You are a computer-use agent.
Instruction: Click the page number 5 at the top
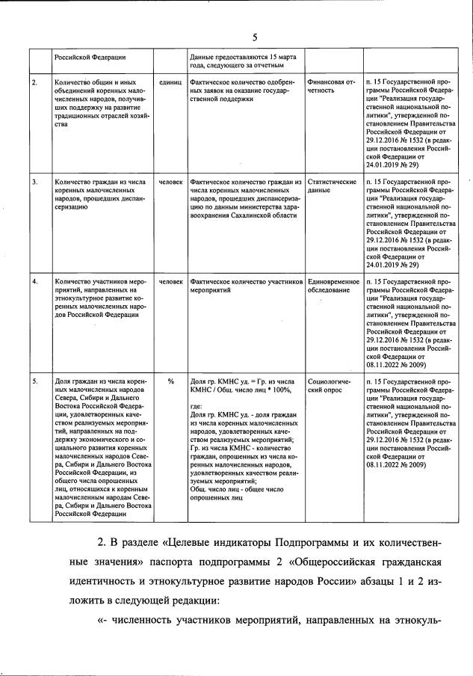pyautogui.click(x=254, y=37)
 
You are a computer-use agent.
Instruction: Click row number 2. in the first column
pyautogui.click(x=34, y=81)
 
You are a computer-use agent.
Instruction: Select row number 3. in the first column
pyautogui.click(x=34, y=182)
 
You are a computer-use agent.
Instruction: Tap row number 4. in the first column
pyautogui.click(x=34, y=282)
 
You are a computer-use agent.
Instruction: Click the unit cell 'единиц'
pyautogui.click(x=171, y=81)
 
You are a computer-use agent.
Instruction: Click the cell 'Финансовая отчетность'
pyautogui.click(x=330, y=85)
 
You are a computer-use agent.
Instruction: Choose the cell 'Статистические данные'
pyautogui.click(x=332, y=186)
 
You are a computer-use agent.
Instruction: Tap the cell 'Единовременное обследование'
pyautogui.click(x=333, y=286)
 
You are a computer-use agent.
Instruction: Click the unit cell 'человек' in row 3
pyautogui.click(x=171, y=182)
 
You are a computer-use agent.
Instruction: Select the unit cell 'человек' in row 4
pyautogui.click(x=171, y=282)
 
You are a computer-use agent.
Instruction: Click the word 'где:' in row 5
pyautogui.click(x=197, y=406)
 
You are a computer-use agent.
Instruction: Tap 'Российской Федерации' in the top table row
pyautogui.click(x=89, y=57)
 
